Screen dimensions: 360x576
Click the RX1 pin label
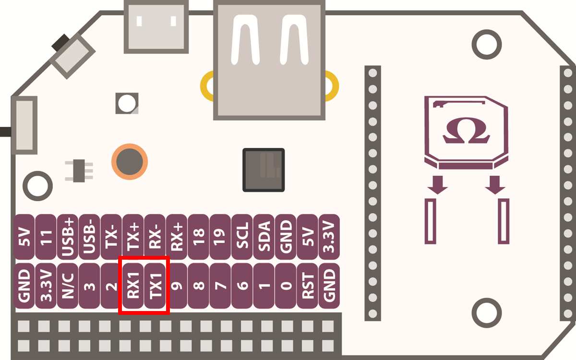click(x=133, y=286)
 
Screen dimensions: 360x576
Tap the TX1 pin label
click(x=155, y=286)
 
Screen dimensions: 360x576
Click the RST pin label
click(x=308, y=286)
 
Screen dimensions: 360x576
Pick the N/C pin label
click(x=68, y=286)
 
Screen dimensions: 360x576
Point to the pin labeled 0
click(x=286, y=286)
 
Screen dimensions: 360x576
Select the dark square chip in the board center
click(x=264, y=170)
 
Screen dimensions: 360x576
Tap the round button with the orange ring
click(x=129, y=161)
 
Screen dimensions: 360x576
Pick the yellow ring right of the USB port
click(x=331, y=86)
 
